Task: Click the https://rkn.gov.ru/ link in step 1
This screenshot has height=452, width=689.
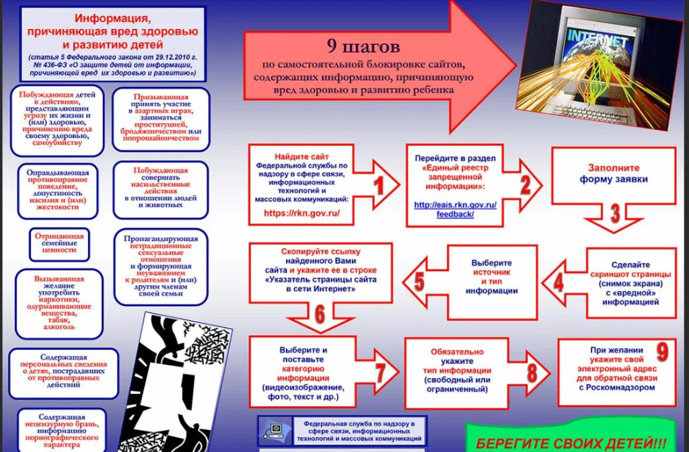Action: coord(302,213)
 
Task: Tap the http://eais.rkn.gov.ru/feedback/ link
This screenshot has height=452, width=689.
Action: coord(456,210)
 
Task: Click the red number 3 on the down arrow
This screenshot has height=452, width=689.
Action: coord(615,213)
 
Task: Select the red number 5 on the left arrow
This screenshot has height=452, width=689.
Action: coord(419,282)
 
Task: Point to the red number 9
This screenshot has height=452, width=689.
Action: coord(662,351)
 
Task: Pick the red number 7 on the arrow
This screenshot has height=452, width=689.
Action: coord(380,373)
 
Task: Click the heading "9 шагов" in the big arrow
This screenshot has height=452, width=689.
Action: coord(363,46)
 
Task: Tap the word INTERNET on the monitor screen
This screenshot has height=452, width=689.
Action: coord(597,38)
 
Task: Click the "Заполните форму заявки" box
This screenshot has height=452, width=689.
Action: coord(614,176)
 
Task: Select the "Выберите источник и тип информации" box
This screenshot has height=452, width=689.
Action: coord(492,282)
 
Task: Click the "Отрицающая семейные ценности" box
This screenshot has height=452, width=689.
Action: coord(59,243)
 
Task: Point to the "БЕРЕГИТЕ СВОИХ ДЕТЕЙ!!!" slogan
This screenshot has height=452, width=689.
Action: coord(571,443)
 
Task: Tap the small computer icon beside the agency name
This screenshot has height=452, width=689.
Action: coord(275,431)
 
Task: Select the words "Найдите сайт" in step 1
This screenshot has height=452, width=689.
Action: coord(301,157)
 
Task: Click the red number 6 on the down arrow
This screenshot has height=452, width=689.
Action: coord(320,314)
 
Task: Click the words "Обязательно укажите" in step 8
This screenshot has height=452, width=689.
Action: coord(457,356)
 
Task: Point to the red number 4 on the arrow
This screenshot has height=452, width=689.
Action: coord(558,283)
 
